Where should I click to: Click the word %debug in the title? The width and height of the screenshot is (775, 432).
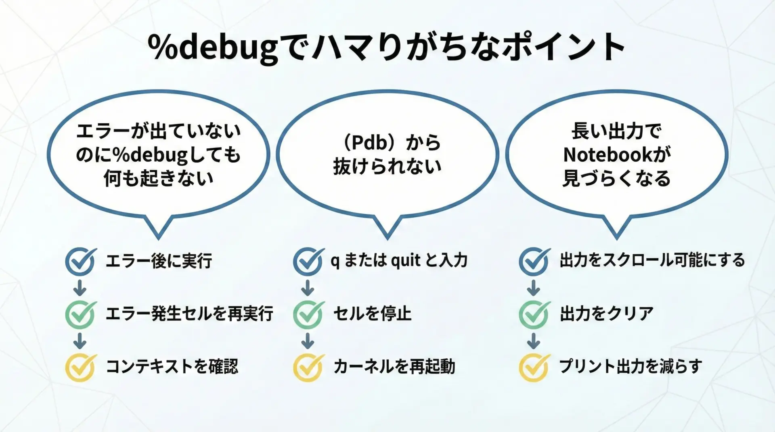click(x=214, y=48)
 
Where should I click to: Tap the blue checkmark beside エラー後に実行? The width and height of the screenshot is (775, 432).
click(x=81, y=261)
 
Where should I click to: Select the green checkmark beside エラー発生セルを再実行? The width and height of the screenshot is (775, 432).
click(x=81, y=314)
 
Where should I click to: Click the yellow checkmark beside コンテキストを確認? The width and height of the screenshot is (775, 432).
click(x=81, y=367)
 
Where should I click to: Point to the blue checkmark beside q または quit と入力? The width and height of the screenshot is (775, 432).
click(x=308, y=261)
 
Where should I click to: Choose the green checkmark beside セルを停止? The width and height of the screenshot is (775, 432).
click(x=308, y=314)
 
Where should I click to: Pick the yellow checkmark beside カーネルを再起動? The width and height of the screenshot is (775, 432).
click(x=308, y=367)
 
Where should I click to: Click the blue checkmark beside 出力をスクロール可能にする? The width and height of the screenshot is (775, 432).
click(x=534, y=261)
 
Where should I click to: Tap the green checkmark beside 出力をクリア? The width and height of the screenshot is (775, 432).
click(x=534, y=314)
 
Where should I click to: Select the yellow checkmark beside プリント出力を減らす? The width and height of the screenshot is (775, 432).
click(x=534, y=367)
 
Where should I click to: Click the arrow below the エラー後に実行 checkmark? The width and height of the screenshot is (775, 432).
click(x=80, y=288)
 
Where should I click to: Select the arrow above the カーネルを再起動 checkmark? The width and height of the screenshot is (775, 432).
click(x=308, y=341)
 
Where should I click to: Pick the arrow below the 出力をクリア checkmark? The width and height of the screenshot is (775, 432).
click(x=534, y=341)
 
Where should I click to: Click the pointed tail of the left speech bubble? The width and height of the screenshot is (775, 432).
click(x=159, y=238)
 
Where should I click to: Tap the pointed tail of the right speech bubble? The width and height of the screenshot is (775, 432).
click(x=616, y=238)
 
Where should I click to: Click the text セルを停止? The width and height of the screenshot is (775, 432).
click(x=373, y=314)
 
